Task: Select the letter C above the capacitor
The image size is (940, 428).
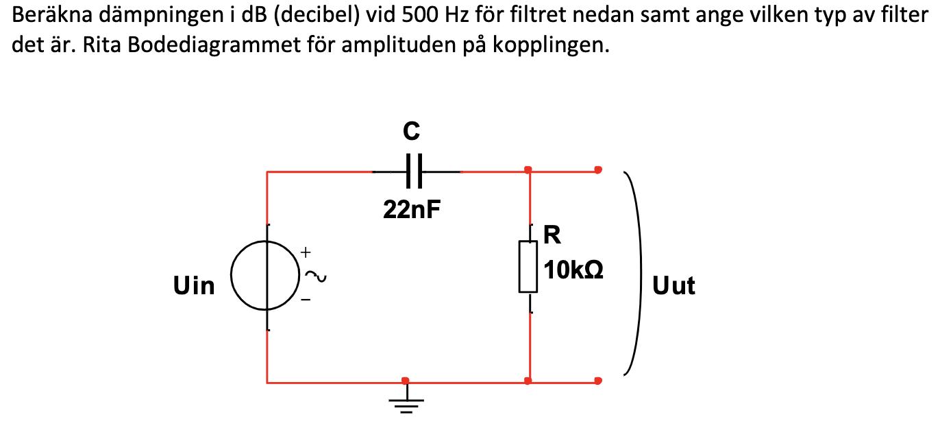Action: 412,130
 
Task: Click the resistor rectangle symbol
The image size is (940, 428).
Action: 528,266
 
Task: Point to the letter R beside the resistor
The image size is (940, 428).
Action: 552,235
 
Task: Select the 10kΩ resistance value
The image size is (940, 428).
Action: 574,270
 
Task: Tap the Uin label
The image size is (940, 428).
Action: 195,285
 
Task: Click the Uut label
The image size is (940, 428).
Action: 673,285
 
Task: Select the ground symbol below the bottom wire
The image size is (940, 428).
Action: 407,403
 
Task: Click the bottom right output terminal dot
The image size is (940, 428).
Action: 598,381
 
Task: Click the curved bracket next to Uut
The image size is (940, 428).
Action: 634,274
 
